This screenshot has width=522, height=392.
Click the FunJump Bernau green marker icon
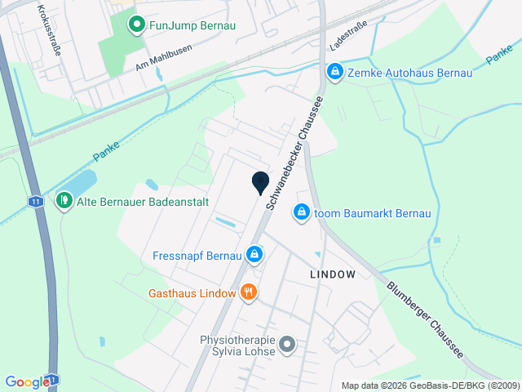tap(137, 25)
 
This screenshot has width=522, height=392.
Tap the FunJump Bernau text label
tap(192, 25)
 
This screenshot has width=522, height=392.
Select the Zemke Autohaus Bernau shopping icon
tap(334, 73)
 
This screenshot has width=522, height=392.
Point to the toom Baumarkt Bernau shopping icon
tap(302, 212)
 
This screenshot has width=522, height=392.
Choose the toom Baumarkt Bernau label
tap(371, 213)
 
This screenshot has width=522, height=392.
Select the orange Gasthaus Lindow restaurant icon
tap(249, 292)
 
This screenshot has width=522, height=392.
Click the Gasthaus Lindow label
tap(192, 293)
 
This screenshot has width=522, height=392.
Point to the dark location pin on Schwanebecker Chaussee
tap(260, 184)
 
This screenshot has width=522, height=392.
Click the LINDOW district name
tap(333, 275)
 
